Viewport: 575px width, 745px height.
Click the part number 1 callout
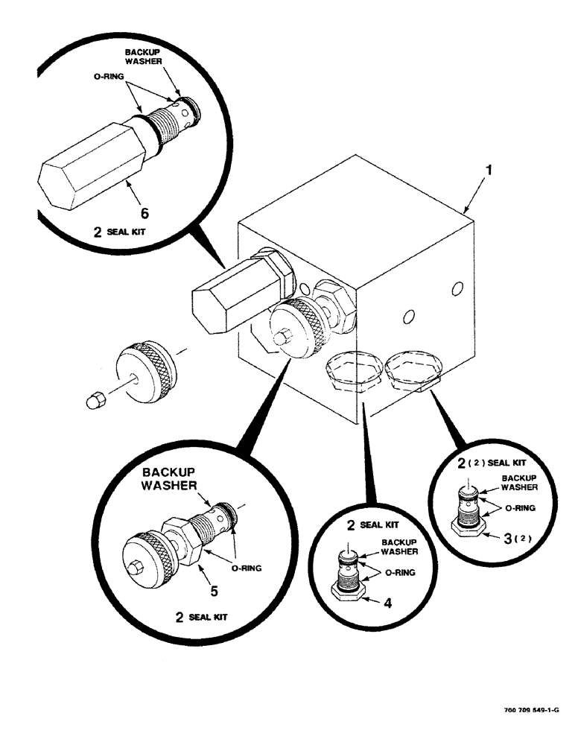[x=488, y=171]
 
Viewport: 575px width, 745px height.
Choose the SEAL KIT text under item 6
[x=127, y=232]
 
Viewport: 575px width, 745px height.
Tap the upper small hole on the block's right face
[x=458, y=287]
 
